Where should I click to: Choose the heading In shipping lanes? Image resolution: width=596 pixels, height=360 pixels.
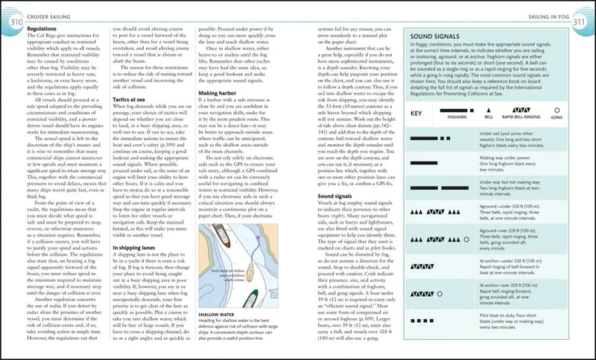click(139, 245)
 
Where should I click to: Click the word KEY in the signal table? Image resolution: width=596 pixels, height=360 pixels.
click(417, 113)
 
